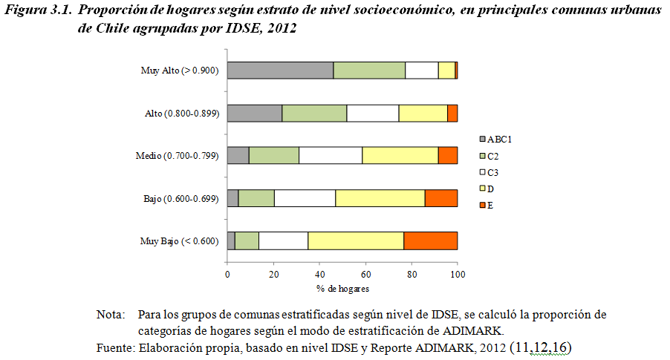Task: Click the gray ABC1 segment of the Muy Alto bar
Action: tap(280, 71)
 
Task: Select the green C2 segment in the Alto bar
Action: tap(314, 113)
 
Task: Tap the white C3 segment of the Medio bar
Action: tap(331, 155)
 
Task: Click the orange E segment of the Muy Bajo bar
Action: tap(430, 240)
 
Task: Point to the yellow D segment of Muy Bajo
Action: tap(356, 240)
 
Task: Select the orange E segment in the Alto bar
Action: tap(452, 113)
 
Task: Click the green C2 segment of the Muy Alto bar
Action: tap(369, 71)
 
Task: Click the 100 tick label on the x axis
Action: tap(458, 275)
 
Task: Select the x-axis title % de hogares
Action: tap(342, 288)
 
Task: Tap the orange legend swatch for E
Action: tap(482, 203)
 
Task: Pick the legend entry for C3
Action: tap(491, 171)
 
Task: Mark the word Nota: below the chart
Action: tap(111, 315)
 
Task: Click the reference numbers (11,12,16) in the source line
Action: tap(539, 347)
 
